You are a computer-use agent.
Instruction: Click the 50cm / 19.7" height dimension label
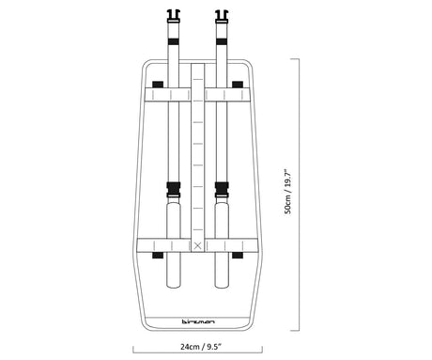point(287,193)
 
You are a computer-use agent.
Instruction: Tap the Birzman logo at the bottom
point(198,321)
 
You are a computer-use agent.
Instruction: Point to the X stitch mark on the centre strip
point(197,246)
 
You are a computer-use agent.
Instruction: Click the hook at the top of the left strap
point(174,16)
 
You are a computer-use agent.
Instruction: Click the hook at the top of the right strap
point(222,16)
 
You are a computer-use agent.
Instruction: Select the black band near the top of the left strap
point(174,41)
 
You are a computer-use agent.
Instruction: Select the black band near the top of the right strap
point(222,41)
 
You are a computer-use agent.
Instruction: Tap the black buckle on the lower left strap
point(174,189)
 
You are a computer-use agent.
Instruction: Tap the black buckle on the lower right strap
point(222,189)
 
